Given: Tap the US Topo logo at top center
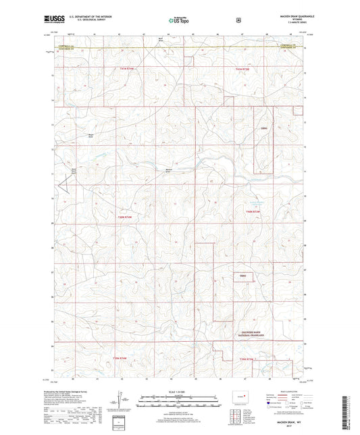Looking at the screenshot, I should tap(179, 21).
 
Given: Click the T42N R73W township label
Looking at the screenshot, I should tap(253, 211).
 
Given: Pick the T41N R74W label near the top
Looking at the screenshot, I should tap(128, 70).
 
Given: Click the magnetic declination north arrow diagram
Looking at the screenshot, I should tap(120, 401).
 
